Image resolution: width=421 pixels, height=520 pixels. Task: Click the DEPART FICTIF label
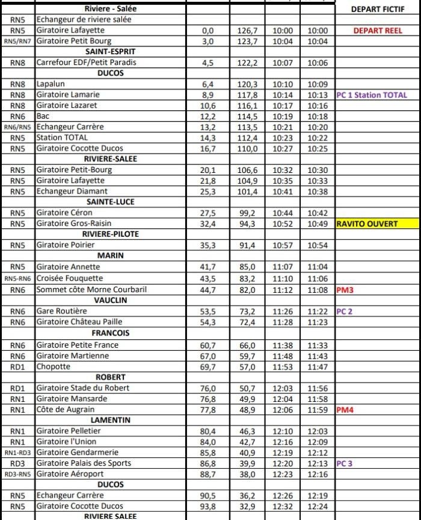pos(377,9)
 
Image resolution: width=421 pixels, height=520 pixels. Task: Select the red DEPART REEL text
pos(377,30)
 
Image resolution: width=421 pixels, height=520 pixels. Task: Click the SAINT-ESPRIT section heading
pos(109,52)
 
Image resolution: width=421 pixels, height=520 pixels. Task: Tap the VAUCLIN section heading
pos(109,300)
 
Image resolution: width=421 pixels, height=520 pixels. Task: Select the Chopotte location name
pos(54,366)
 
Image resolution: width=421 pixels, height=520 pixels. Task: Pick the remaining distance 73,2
pos(247,311)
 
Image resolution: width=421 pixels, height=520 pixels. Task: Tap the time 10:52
pos(283,224)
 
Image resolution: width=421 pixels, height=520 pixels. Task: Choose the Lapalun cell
pos(51,84)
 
